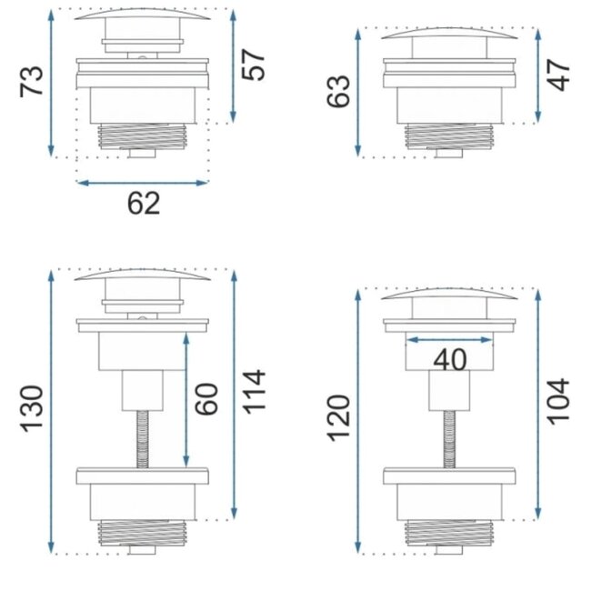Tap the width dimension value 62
click(x=143, y=203)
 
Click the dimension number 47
click(x=560, y=75)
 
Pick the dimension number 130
click(x=32, y=410)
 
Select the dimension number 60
click(x=208, y=398)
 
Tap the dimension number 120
click(x=338, y=417)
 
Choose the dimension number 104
click(x=560, y=400)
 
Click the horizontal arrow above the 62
click(x=143, y=183)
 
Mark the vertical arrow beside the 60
click(x=186, y=398)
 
